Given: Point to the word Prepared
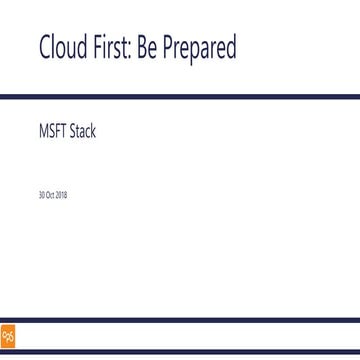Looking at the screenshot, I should pyautogui.click(x=201, y=48).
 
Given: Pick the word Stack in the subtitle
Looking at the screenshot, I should pyautogui.click(x=84, y=130).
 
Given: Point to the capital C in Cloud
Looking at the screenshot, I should pyautogui.click(x=45, y=47).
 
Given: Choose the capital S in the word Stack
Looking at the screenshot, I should pyautogui.click(x=74, y=130).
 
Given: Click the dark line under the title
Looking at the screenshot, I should pyautogui.click(x=180, y=95).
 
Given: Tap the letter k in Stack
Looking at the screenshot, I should pyautogui.click(x=94, y=130).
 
